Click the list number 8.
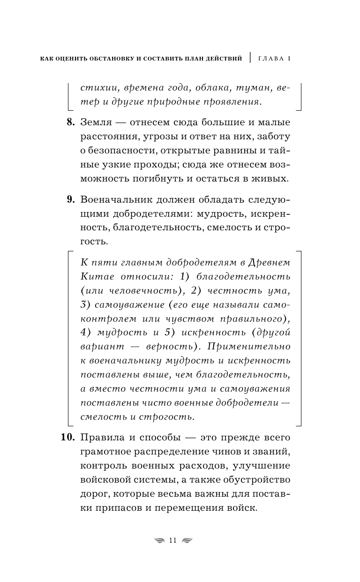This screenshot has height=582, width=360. tap(70, 123)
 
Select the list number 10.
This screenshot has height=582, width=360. tap(68, 438)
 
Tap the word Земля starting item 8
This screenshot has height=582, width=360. tap(96, 123)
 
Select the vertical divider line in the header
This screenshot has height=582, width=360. tap(250, 58)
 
